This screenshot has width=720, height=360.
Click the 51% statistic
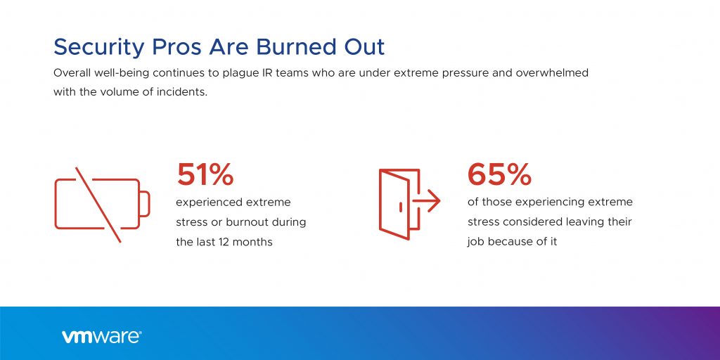(205, 174)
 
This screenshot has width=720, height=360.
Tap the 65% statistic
(500, 174)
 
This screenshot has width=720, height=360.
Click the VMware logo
(101, 337)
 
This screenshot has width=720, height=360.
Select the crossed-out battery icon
(102, 205)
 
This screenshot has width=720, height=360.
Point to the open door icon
(399, 205)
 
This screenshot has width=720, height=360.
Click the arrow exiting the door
(427, 201)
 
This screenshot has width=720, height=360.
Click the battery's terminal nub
(145, 204)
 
